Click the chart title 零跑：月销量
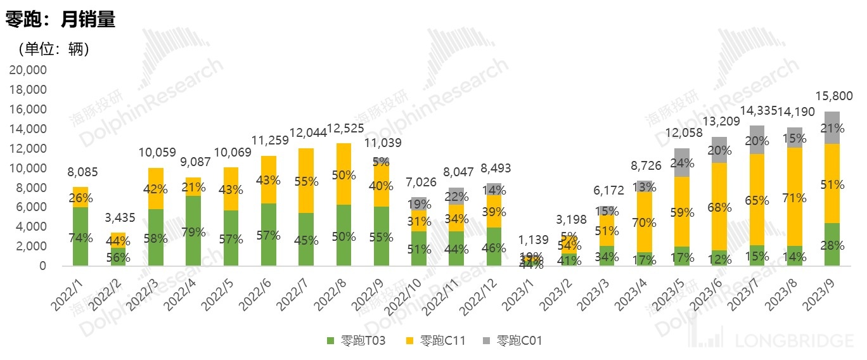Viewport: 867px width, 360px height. coord(60,20)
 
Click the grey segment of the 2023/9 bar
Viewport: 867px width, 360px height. coord(832,128)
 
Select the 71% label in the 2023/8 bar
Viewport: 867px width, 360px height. coord(795,198)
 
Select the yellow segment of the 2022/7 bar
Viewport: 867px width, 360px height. coord(306,181)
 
